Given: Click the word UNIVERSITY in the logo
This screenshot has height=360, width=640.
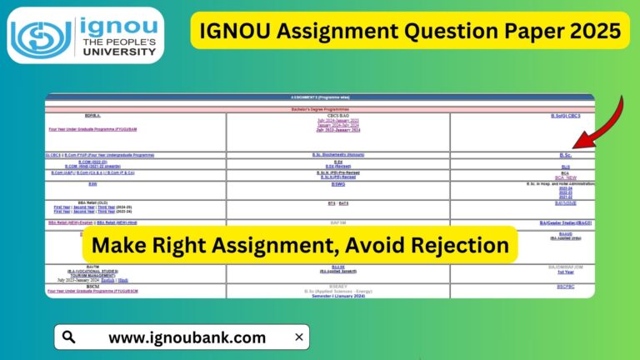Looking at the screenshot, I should [x=117, y=52].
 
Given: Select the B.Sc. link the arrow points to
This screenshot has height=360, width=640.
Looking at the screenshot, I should [x=565, y=155].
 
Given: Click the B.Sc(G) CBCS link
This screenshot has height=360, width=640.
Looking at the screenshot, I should [x=565, y=116].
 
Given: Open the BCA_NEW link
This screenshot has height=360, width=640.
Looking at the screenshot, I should [x=565, y=177].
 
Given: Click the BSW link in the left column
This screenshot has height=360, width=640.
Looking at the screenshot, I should [x=92, y=184].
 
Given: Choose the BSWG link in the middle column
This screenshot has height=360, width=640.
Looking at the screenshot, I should [x=337, y=184].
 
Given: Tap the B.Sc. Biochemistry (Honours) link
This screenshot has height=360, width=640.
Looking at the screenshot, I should [x=337, y=155].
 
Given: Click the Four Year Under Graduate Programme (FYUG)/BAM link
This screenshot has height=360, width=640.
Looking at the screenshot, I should [x=92, y=127].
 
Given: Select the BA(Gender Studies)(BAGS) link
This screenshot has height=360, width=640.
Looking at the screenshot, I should [x=565, y=223].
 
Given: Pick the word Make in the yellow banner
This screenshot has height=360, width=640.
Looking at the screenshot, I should [x=117, y=245].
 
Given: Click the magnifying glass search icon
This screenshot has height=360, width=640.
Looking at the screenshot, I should [x=69, y=337].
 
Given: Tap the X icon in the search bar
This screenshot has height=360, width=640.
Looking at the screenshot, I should [x=298, y=337].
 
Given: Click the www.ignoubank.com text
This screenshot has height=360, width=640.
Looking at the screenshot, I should [x=187, y=337].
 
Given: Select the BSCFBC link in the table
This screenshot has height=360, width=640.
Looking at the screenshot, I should [x=565, y=286].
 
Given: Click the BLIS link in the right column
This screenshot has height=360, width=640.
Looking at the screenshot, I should [x=565, y=167].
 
